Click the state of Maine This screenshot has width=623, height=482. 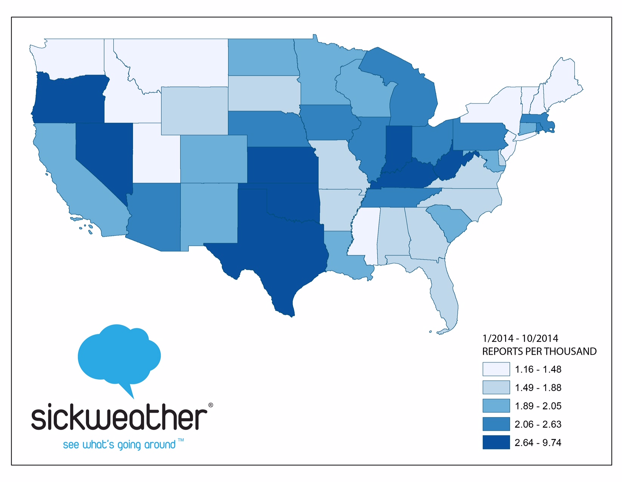point(561,83)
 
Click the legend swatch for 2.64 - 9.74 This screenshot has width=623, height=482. point(496,442)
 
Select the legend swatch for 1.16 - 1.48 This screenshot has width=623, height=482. point(496,369)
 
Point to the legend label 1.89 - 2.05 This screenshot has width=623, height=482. point(538,406)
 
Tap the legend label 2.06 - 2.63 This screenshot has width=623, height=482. point(538,424)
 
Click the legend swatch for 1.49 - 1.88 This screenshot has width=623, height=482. point(496,388)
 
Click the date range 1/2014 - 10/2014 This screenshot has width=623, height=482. point(520,338)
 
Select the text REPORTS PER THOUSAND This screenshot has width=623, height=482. point(539,352)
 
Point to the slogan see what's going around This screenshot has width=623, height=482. point(119,445)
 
